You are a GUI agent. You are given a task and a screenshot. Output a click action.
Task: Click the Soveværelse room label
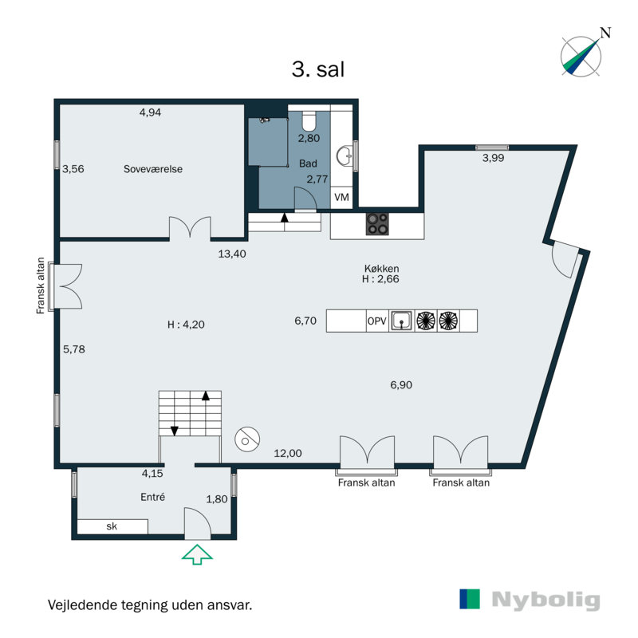coord(153,169)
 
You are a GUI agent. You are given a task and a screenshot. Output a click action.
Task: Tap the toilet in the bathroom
coord(309,120)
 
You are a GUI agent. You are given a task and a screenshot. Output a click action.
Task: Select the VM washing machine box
coord(341,197)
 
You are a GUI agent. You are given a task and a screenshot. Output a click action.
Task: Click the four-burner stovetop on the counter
coord(377,224)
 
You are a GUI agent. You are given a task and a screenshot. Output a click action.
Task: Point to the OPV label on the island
coord(376,321)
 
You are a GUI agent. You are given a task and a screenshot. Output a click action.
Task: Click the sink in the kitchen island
coord(402,321)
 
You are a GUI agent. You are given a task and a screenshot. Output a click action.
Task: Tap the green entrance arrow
coord(197,554)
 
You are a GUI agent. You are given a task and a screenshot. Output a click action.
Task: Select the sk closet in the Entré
coord(112,526)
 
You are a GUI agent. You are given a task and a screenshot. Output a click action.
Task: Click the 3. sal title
coord(318,69)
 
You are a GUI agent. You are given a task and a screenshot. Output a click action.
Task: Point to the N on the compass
coord(606,33)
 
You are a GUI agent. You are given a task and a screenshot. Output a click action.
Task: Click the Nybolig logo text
coord(545,601)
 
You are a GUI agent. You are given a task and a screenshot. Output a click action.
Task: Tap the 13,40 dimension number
coord(232,254)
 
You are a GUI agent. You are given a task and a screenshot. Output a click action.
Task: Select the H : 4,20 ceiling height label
coord(186,325)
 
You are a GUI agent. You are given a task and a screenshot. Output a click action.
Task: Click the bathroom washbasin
coord(344,156)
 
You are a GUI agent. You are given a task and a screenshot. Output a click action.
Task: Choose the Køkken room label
coord(381,269)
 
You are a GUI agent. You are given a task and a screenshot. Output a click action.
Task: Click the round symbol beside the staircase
coord(247,439)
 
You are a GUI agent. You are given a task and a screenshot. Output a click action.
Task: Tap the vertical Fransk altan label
coord(41,286)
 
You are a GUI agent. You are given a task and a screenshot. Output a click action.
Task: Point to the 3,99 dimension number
coord(493,158)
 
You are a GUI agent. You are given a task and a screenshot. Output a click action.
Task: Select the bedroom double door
coord(190,227)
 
